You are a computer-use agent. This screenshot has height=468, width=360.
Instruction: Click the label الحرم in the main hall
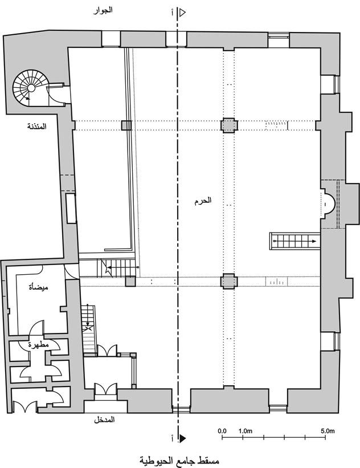coord(203,201)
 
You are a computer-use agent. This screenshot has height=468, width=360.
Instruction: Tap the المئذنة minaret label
coord(37,126)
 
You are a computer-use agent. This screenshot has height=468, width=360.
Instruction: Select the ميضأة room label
coord(39,287)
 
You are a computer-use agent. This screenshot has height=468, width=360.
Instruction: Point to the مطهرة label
coord(39,345)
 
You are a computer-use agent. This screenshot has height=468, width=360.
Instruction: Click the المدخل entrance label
coord(104,420)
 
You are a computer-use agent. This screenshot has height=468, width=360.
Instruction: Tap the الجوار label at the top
coord(103,10)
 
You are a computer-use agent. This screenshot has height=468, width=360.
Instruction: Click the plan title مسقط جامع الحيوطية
coord(179,460)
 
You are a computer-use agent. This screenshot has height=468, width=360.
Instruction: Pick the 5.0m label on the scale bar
coord(328,431)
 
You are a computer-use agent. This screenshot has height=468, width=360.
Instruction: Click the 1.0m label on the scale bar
coord(246,431)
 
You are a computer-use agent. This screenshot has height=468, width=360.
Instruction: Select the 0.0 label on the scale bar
coord(222,431)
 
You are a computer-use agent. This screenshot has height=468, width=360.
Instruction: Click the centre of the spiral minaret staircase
coord(31,88)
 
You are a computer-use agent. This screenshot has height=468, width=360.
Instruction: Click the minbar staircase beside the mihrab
coord(294,241)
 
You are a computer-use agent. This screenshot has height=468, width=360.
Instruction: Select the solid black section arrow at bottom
coord(182,438)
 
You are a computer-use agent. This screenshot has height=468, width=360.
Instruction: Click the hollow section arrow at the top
coord(182,13)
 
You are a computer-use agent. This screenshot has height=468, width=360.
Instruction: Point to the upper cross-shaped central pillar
coord(229,125)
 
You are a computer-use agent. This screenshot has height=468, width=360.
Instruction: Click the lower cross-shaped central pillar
coord(229,281)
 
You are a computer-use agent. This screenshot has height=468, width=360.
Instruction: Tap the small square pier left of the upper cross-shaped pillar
coord(126,125)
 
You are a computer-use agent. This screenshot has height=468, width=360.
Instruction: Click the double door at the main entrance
coord(105,389)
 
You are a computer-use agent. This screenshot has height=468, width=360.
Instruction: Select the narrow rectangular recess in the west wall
coord(71,208)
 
